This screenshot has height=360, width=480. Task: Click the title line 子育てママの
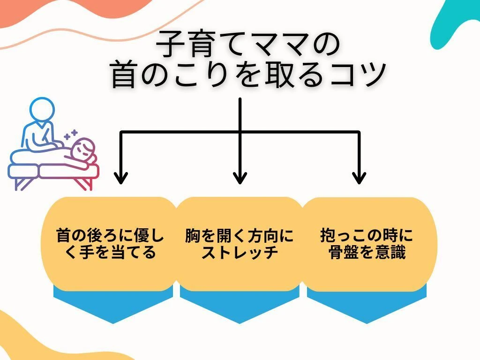click(248, 45)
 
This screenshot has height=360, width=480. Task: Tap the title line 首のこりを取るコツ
click(248, 75)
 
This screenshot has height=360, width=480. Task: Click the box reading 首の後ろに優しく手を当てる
click(110, 244)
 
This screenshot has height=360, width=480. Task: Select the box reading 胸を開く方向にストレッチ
click(240, 244)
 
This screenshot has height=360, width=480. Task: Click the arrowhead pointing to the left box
click(121, 178)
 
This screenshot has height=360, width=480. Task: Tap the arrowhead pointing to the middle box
click(240, 178)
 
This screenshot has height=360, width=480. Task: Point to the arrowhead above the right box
click(359, 178)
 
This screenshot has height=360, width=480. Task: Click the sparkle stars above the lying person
click(71, 135)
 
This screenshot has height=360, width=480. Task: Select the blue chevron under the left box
click(113, 305)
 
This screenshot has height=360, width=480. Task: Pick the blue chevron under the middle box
click(240, 305)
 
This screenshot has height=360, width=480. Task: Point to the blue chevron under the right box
click(367, 305)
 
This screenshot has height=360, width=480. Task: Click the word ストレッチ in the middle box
click(240, 253)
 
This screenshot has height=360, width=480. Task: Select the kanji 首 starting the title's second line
click(123, 75)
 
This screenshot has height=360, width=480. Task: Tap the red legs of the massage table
click(84, 183)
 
